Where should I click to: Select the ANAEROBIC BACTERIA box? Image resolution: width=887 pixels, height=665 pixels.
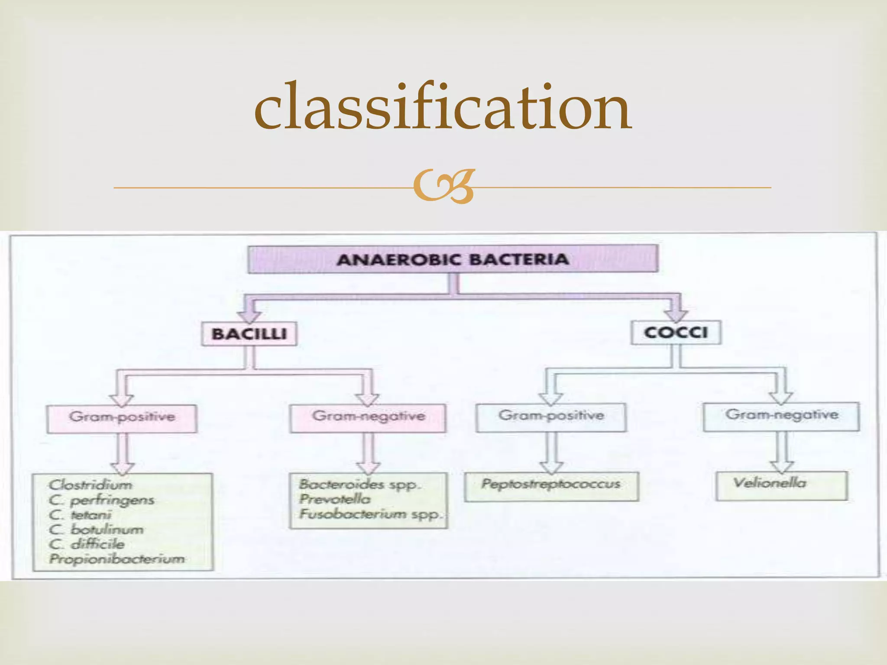[453, 259]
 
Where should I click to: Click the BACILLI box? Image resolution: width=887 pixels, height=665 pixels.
[249, 333]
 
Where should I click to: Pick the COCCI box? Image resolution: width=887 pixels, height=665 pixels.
[676, 332]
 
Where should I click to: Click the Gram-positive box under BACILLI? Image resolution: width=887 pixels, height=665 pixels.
[122, 419]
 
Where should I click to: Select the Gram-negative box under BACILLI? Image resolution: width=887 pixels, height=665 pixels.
[368, 418]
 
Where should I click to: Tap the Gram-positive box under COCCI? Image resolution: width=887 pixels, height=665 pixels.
[551, 417]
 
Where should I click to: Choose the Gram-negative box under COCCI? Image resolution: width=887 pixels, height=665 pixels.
[781, 416]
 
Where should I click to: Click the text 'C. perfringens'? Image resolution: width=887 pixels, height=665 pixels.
[101, 500]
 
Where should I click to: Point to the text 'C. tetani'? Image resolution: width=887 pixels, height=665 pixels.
[80, 515]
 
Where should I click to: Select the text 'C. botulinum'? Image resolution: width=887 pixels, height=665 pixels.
[96, 529]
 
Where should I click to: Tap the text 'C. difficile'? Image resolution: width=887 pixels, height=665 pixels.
[87, 544]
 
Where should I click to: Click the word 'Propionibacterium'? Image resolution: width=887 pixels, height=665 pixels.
[117, 559]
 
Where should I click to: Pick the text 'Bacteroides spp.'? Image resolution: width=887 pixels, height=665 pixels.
[359, 484]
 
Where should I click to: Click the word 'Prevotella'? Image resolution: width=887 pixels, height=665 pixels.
[335, 499]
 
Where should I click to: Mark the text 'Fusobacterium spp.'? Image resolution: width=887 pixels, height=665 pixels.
[371, 514]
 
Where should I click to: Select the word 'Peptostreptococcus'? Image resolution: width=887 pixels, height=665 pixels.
[551, 484]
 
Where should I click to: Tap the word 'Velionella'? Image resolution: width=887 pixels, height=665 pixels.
[770, 482]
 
